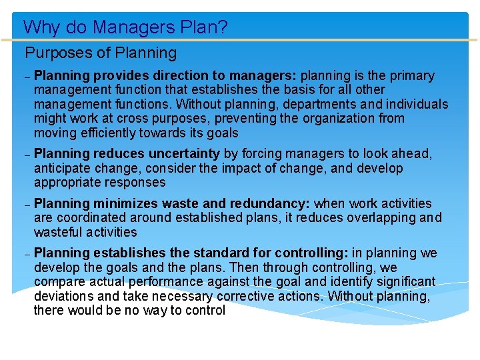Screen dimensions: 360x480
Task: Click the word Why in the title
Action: pos(39,27)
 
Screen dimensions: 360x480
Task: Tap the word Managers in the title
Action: pos(124,27)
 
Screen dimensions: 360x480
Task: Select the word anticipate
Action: pos(62,168)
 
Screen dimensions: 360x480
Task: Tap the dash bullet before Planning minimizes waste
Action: pos(27,205)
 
